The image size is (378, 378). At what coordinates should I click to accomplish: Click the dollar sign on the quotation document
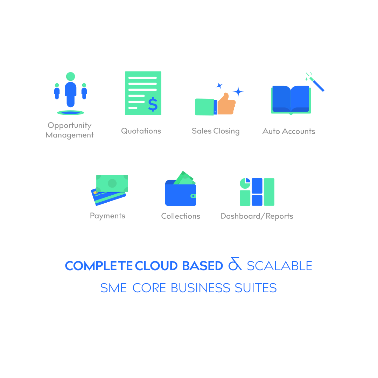click(x=153, y=104)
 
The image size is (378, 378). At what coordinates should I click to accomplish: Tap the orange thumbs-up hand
click(x=226, y=104)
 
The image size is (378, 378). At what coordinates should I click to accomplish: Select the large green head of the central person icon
click(x=70, y=76)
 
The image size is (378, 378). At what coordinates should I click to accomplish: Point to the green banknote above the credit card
click(x=112, y=183)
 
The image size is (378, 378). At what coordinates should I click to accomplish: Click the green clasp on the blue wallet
click(x=193, y=196)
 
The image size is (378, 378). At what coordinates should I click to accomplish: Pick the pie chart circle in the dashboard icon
click(x=245, y=183)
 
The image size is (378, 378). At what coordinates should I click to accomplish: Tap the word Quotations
click(x=141, y=131)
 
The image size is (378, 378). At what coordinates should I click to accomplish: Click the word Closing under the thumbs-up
click(x=226, y=131)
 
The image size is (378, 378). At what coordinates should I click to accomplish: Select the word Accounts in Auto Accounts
click(x=299, y=131)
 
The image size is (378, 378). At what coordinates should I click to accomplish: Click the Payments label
click(x=107, y=216)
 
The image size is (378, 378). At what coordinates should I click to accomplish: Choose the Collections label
click(x=181, y=216)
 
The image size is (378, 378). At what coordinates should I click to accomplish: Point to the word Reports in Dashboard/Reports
click(x=279, y=216)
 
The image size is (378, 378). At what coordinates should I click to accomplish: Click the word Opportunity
click(x=70, y=126)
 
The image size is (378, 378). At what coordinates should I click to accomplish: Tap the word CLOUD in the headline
click(x=156, y=266)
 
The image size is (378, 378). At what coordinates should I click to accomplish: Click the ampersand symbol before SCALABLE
click(x=235, y=264)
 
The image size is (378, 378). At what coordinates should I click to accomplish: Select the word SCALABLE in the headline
click(x=279, y=266)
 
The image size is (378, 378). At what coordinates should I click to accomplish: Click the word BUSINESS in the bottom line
click(x=201, y=288)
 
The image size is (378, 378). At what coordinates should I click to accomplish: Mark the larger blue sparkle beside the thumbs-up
click(x=238, y=92)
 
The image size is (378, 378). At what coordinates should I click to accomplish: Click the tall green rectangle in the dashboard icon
click(x=269, y=192)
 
